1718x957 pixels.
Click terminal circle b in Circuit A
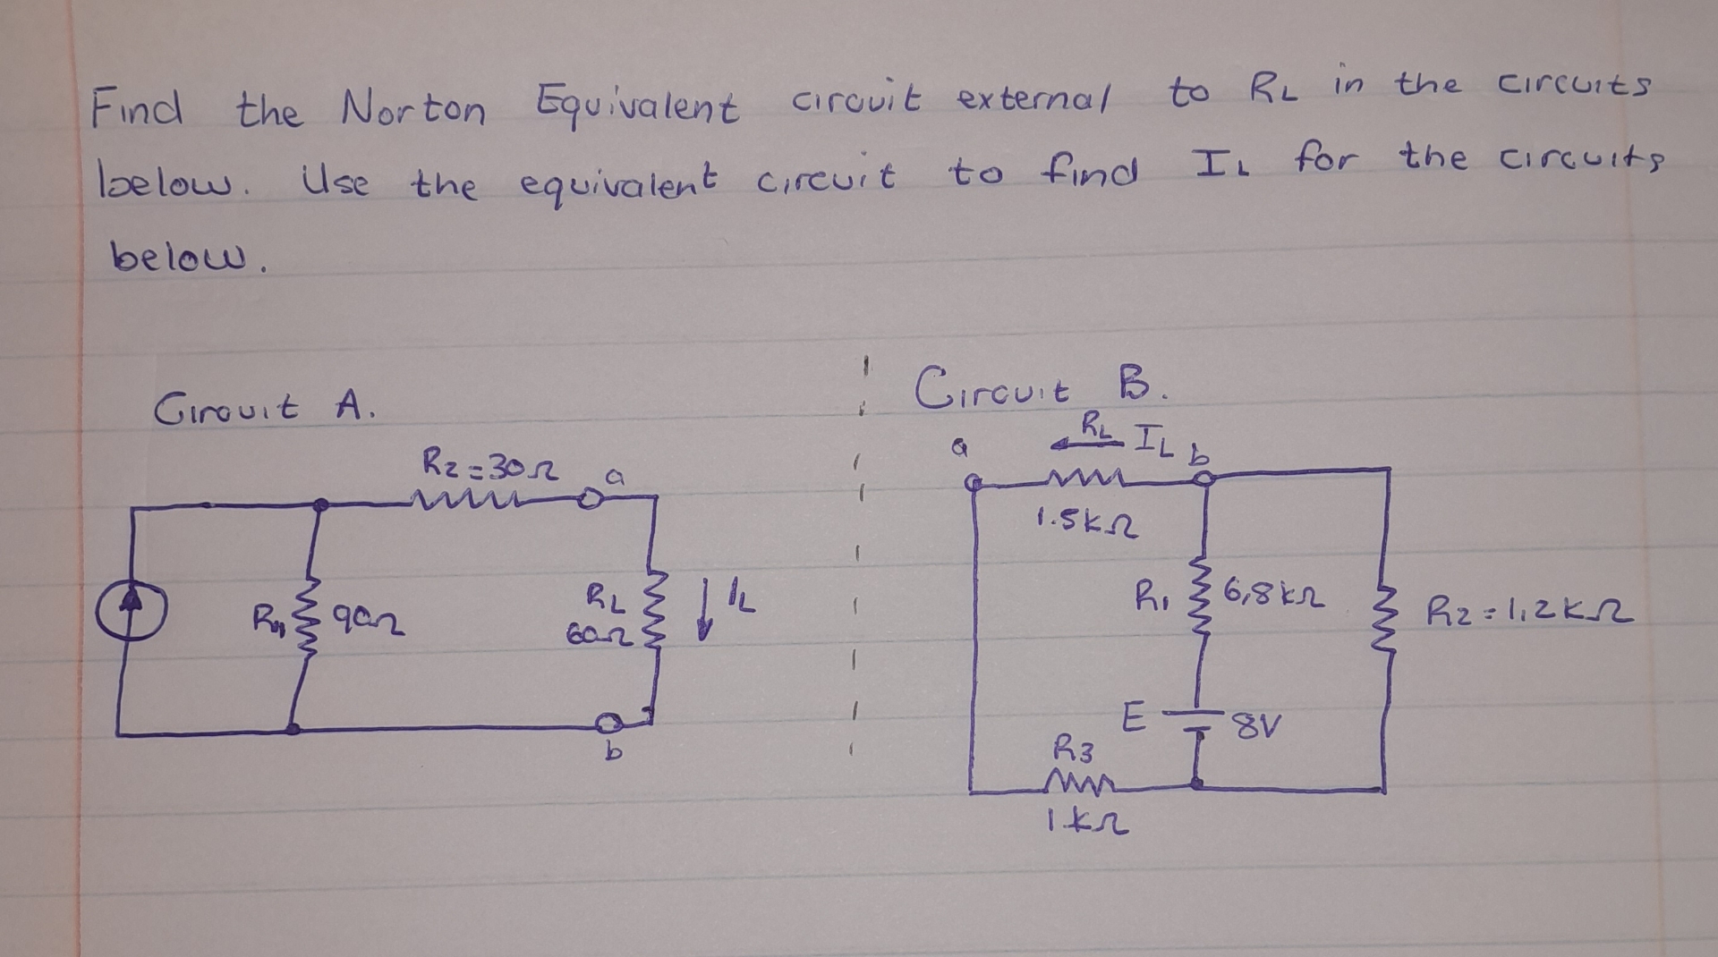(609, 721)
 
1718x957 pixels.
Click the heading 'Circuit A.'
(265, 409)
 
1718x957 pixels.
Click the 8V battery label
(1257, 726)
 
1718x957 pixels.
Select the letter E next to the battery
(1132, 718)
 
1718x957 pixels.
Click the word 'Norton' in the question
(412, 110)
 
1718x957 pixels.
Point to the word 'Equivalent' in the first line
(637, 107)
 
